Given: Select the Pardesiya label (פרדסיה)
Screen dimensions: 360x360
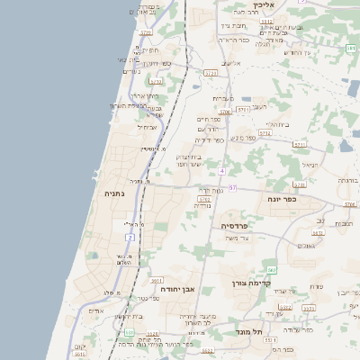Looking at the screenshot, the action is coord(236,225).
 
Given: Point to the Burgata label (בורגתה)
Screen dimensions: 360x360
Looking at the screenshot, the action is coord(346,180).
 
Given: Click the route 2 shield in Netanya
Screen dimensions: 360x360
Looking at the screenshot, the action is coord(130,237).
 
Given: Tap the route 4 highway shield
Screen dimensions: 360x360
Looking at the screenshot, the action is coord(221,170).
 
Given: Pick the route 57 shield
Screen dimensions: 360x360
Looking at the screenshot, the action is coord(231,187).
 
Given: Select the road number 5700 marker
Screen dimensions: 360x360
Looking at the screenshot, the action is coord(225,112).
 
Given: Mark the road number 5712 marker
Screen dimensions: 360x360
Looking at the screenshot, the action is coord(210,72).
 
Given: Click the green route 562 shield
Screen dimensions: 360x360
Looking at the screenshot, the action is coord(271,270).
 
